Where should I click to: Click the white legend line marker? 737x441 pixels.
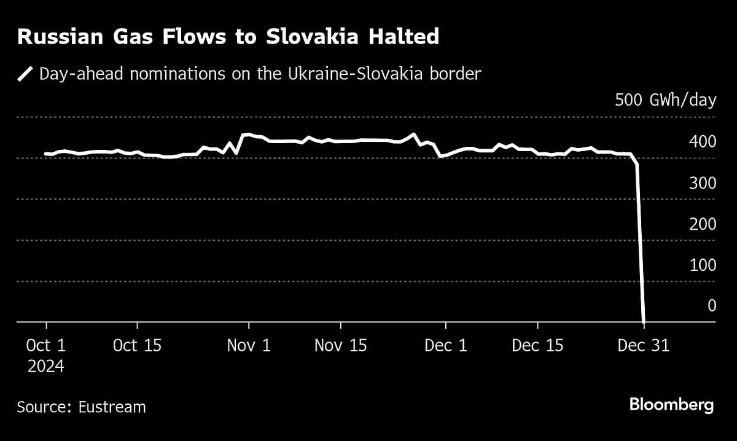point(25,75)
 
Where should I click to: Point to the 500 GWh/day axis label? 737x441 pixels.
point(666,100)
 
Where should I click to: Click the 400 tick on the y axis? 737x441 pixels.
point(702,142)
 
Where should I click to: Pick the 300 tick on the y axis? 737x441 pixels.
point(702,183)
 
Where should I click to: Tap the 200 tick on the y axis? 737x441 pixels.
point(702,224)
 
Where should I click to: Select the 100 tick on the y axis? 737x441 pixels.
point(702,265)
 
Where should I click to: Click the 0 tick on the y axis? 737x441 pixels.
point(711,305)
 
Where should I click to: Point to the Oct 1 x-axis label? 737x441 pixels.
point(46,346)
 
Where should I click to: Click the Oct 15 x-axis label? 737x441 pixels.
point(137,346)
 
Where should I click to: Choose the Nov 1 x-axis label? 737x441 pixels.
point(249,346)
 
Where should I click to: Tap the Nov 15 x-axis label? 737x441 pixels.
point(340,346)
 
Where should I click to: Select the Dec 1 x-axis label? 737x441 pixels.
point(446,346)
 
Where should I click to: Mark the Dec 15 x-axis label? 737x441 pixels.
point(537,346)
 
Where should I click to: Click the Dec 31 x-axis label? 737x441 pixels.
point(643,346)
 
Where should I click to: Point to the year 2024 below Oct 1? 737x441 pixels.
point(45,367)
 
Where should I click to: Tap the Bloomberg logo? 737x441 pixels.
point(671,405)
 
